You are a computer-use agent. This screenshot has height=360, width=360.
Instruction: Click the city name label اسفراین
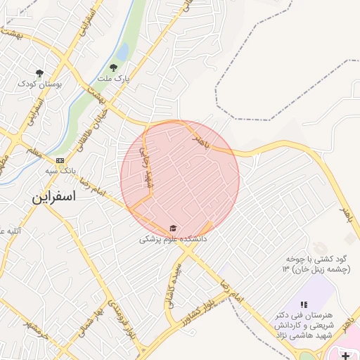click(x=53, y=198)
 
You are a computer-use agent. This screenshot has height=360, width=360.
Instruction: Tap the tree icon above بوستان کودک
click(x=39, y=73)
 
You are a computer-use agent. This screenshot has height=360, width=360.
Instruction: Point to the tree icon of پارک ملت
click(x=113, y=68)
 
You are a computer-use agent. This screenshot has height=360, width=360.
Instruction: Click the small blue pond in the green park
click(x=122, y=52)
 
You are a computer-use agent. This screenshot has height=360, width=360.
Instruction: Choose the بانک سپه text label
click(x=60, y=171)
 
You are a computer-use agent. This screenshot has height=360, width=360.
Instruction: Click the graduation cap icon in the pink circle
click(x=173, y=229)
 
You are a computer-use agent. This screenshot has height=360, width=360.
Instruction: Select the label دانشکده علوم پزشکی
click(x=172, y=240)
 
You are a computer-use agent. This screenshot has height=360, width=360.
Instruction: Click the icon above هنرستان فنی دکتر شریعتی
click(x=304, y=304)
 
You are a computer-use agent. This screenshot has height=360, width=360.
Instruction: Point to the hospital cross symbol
click(x=345, y=356)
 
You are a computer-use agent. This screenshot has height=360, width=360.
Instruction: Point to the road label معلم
click(x=33, y=150)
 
